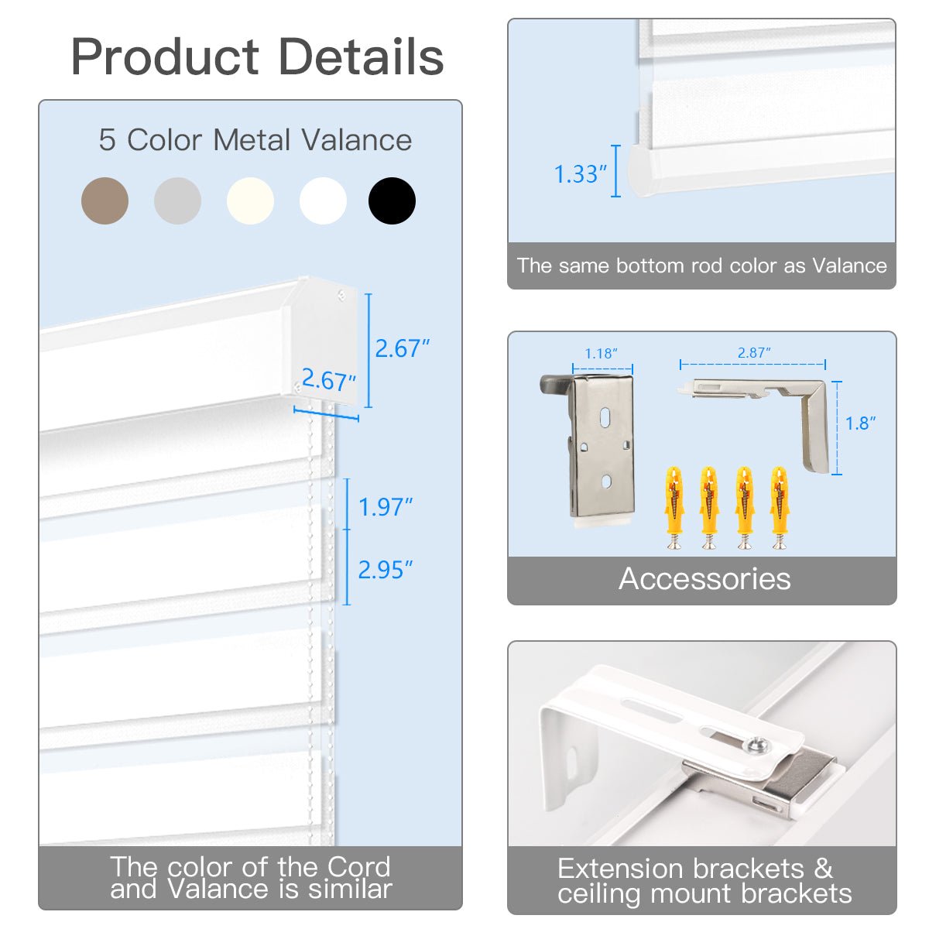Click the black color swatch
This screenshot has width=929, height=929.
[x=392, y=201]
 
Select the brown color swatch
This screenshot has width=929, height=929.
[x=105, y=201]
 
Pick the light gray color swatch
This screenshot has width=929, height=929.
[x=177, y=201]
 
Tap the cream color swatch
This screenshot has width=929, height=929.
[x=250, y=201]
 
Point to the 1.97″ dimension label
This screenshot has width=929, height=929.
[x=386, y=507]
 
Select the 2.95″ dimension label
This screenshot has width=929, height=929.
[x=386, y=570]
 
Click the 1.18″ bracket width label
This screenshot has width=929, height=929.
[x=601, y=354]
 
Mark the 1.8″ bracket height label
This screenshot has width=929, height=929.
[x=860, y=423]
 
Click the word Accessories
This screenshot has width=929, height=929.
[x=704, y=579]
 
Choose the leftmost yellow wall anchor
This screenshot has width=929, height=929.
[x=674, y=507]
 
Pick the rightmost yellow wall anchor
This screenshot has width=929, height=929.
[x=780, y=507]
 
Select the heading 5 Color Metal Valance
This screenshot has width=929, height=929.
[x=255, y=140]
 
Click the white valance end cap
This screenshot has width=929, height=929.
[x=321, y=341]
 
